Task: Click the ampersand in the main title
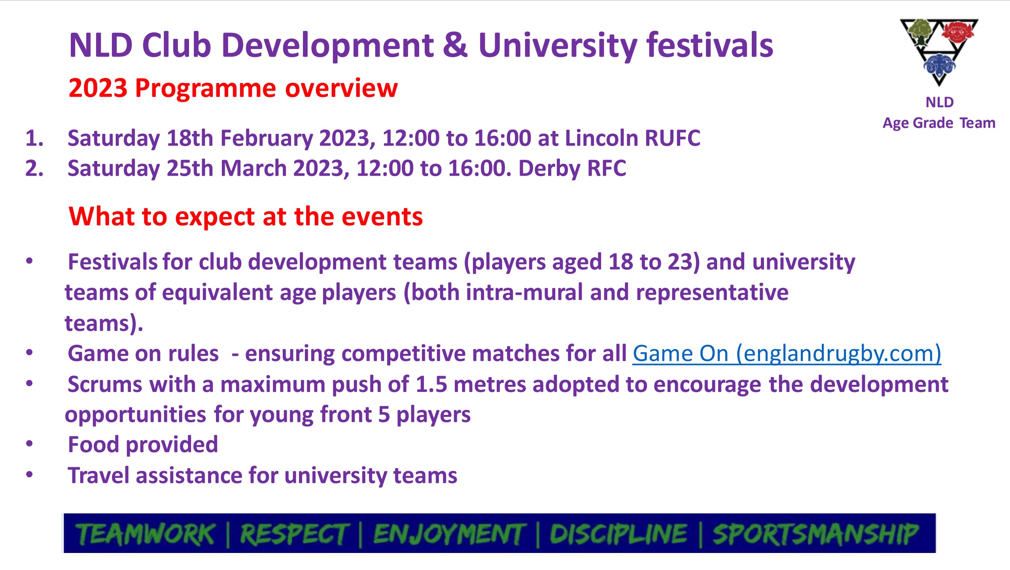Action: pos(455,45)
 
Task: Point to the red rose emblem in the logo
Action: pos(957,31)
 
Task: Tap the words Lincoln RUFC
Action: pos(632,138)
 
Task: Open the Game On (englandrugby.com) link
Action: pos(787,353)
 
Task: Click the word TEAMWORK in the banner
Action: pos(146,534)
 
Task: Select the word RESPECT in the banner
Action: pos(294,534)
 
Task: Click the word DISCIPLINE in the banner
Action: pos(618,534)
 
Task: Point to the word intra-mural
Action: pos(524,293)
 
